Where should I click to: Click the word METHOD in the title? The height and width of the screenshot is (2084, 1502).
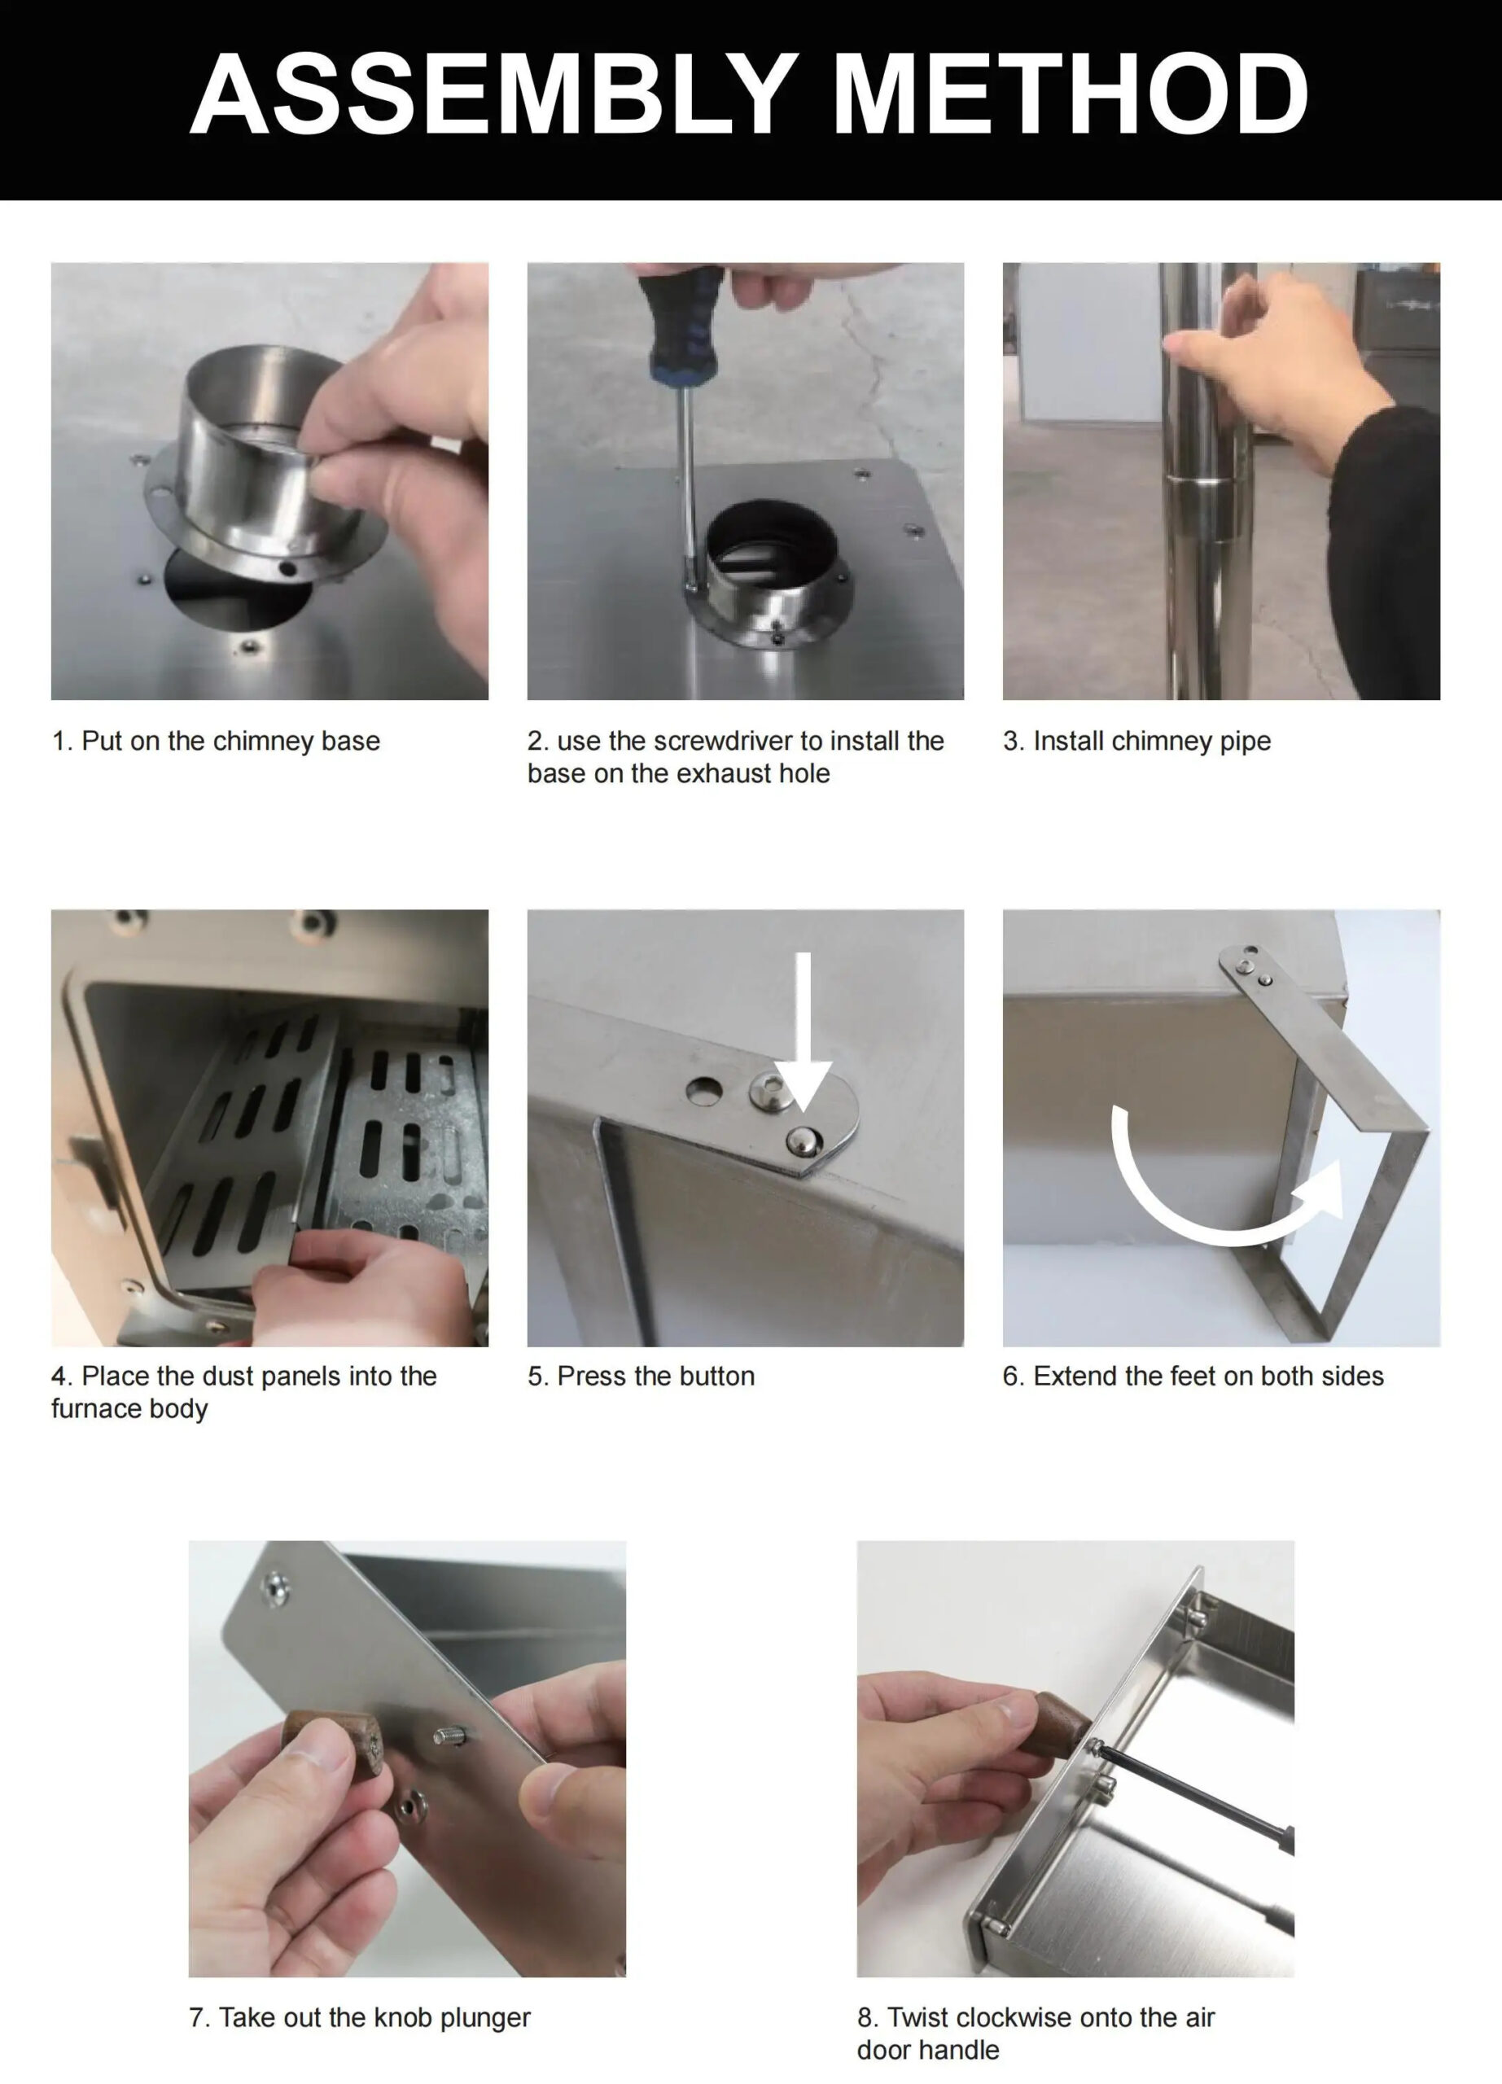click(x=1071, y=94)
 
